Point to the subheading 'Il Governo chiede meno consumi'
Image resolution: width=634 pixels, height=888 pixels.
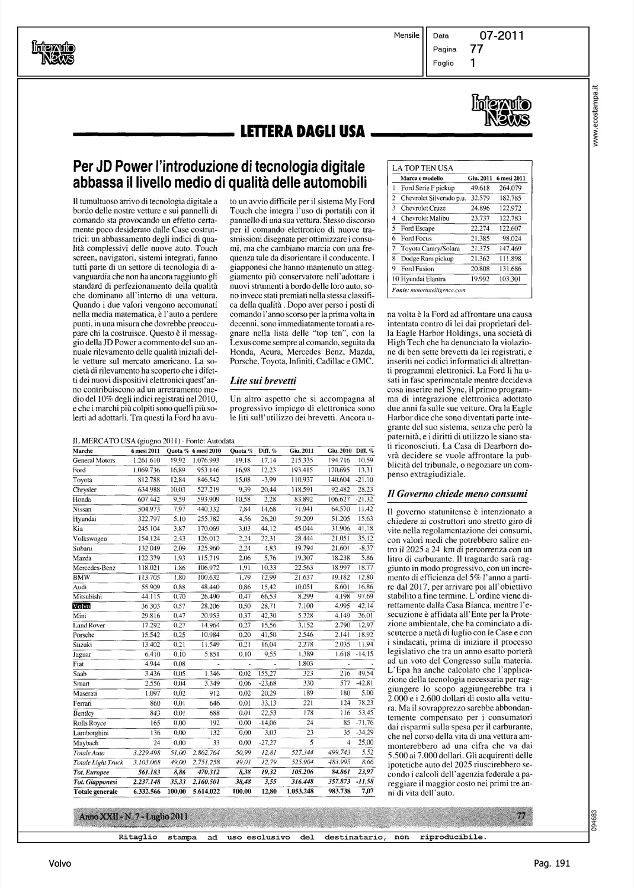456,493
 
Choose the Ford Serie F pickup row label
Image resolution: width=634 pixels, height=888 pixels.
427,187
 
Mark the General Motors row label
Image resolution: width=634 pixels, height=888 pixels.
94,460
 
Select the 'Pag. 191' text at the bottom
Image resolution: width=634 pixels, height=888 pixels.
550,864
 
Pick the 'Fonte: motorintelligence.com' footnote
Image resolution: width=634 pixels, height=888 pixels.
428,290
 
